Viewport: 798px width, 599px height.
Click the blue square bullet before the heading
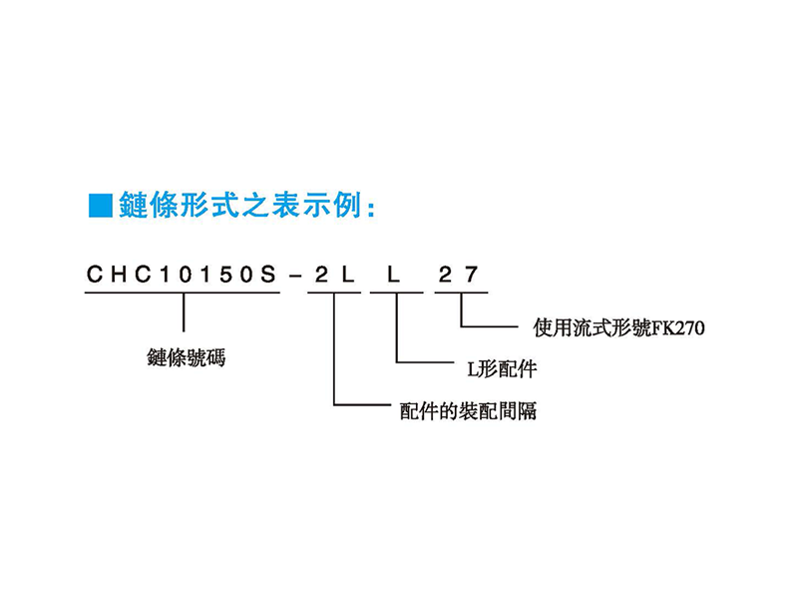pos(101,206)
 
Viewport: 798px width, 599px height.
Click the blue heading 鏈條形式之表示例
pos(240,206)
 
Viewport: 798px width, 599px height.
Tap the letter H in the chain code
pos(120,275)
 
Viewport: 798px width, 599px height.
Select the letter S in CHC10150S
pos(267,275)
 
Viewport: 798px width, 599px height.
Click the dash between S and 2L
pos(294,277)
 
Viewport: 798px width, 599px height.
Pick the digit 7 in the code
pos(471,275)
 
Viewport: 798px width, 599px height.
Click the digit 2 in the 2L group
pos(321,275)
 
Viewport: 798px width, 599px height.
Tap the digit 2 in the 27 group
pos(445,275)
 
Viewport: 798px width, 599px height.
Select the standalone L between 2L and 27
pos(394,275)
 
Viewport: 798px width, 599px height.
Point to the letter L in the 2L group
pos(347,275)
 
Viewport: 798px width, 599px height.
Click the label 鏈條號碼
pos(187,357)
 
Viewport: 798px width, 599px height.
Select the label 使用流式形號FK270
pos(618,327)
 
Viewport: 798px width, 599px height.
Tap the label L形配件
pos(502,368)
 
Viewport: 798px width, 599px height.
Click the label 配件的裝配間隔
pos(468,410)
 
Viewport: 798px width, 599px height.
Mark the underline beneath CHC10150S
pos(183,293)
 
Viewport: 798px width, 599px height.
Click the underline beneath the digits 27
pos(461,293)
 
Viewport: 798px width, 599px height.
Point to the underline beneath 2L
pos(334,293)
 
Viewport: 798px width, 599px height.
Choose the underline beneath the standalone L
pos(396,293)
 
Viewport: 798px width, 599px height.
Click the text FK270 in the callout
pos(678,328)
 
